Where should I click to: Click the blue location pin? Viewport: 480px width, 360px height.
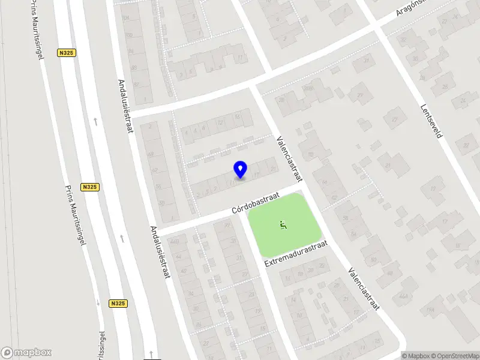click(240, 169)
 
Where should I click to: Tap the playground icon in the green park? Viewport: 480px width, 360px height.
click(283, 226)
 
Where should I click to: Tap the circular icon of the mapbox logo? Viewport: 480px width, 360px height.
click(7, 353)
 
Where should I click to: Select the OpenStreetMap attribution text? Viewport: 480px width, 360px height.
click(454, 356)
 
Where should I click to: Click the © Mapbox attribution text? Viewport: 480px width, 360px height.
click(415, 356)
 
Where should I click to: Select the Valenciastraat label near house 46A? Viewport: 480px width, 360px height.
click(364, 289)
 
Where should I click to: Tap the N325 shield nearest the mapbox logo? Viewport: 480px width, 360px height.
click(118, 304)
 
